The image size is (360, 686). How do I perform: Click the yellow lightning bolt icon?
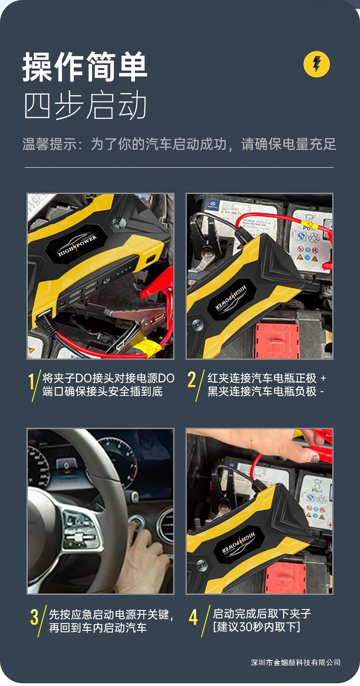[x=316, y=65]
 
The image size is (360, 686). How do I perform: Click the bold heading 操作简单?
[x=85, y=68]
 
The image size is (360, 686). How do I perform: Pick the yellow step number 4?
[x=194, y=618]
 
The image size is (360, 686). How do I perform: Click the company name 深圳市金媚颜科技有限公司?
[x=295, y=662]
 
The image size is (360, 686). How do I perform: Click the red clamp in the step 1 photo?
[x=157, y=282]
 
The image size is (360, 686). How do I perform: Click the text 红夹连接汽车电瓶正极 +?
[x=267, y=378]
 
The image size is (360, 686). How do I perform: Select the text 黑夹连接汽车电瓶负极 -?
[x=265, y=391]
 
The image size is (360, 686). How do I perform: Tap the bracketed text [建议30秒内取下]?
[x=257, y=627]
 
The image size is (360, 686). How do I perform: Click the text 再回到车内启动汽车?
[x=98, y=628]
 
